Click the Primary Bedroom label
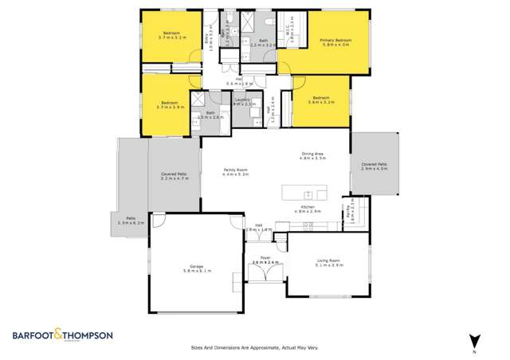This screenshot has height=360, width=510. [x=335, y=40]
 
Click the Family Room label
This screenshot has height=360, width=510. [x=234, y=170]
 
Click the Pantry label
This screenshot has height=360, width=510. [x=349, y=214]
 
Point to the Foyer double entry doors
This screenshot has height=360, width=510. [x=262, y=272]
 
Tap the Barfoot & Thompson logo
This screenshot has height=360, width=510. [x=61, y=335]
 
